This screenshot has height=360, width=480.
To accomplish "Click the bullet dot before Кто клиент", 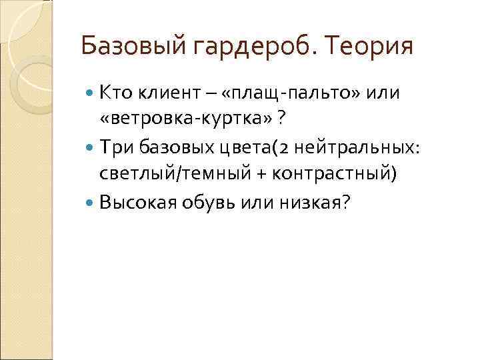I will point(91,91).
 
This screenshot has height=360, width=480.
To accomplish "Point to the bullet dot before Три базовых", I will point(91,147).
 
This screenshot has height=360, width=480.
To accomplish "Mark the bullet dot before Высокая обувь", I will point(91,202).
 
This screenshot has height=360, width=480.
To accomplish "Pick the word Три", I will point(114,147).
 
